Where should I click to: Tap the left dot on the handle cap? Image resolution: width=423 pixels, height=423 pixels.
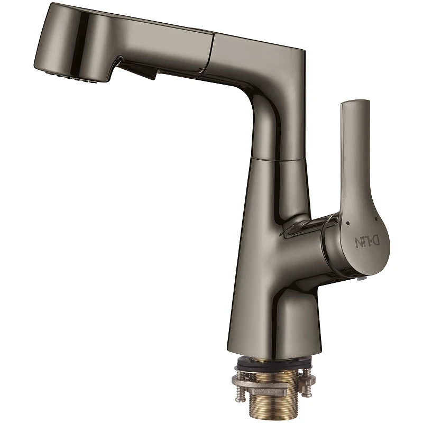(348, 223)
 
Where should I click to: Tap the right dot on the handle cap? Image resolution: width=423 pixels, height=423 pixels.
(375, 218)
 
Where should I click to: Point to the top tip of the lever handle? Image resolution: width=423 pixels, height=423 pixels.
(355, 101)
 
